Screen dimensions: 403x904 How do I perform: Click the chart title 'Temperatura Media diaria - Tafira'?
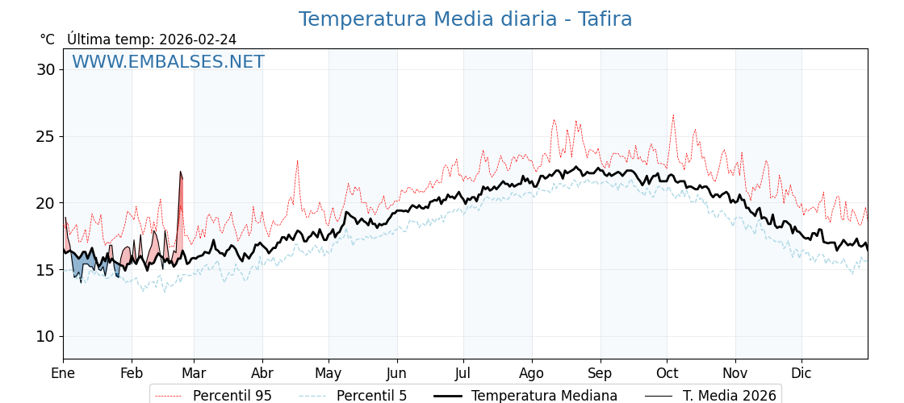[x=465, y=19]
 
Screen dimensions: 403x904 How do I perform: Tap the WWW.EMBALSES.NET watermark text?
[x=168, y=62]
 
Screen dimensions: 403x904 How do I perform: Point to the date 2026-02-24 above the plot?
[x=198, y=39]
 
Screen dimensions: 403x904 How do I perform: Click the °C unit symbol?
[x=48, y=39]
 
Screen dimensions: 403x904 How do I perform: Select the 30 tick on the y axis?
[x=45, y=69]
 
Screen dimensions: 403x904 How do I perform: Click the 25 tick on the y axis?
[x=45, y=136]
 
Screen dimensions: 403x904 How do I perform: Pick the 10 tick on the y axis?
[x=45, y=336]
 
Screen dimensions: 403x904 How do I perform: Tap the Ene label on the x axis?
[x=63, y=373]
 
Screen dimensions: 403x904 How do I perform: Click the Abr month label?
[x=262, y=373]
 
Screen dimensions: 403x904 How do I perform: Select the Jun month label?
[x=396, y=373]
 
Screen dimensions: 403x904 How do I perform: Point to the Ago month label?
[x=532, y=373]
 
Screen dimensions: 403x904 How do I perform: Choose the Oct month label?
[x=667, y=373]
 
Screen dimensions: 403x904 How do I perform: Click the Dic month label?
[x=801, y=373]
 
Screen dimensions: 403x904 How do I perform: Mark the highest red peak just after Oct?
[x=673, y=116]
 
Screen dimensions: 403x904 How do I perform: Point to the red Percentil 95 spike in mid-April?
[x=297, y=161]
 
